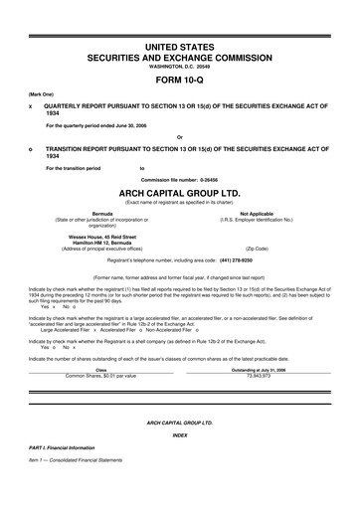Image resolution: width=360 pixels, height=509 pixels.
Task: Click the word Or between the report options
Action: (x=180, y=136)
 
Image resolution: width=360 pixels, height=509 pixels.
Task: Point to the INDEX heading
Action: (x=180, y=434)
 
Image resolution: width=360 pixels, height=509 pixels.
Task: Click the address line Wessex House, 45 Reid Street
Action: (x=101, y=235)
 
